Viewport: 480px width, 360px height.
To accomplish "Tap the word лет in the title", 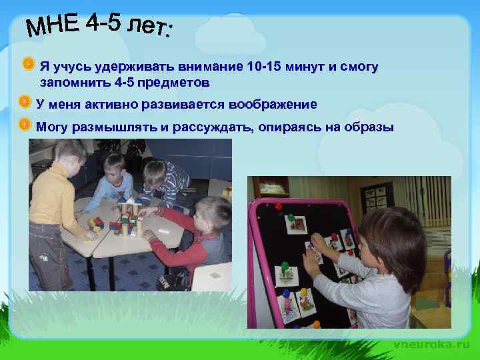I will tap(149, 27).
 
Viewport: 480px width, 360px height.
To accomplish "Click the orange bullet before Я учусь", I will tap(28, 65).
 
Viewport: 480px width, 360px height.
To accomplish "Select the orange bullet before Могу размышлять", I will tap(24, 125).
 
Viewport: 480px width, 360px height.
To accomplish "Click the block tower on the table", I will tap(130, 213).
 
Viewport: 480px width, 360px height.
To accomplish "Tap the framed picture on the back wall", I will tap(373, 197).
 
